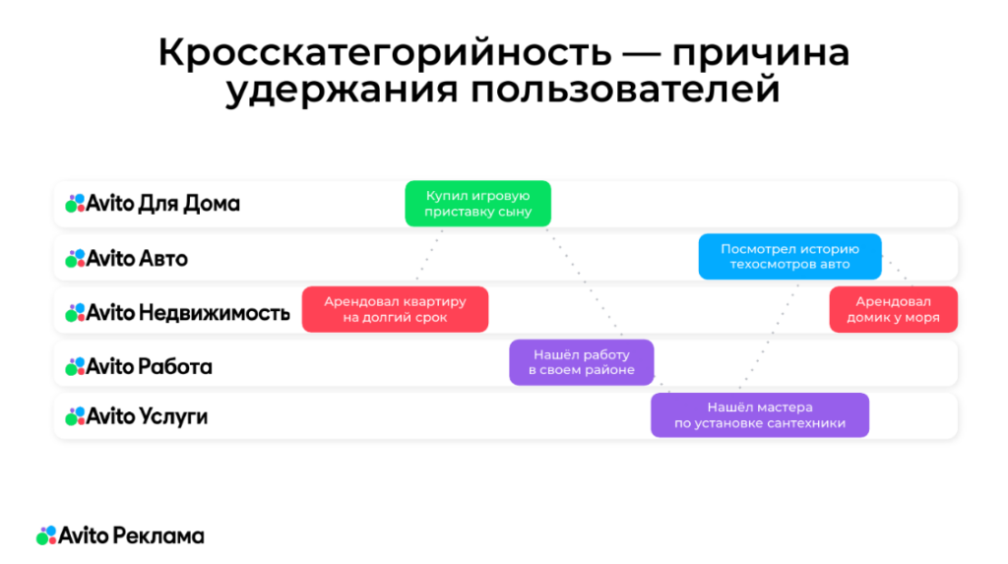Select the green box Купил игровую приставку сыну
[477, 204]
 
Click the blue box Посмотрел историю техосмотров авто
[789, 257]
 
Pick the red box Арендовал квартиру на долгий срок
[395, 309]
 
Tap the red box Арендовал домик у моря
[894, 309]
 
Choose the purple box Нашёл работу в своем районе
[581, 362]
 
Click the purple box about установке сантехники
[759, 414]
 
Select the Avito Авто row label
[126, 259]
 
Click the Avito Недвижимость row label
[177, 313]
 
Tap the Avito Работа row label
[139, 366]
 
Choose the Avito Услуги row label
[137, 416]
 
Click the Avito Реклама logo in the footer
[120, 535]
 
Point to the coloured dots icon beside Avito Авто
[75, 259]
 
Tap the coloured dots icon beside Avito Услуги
[75, 416]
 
